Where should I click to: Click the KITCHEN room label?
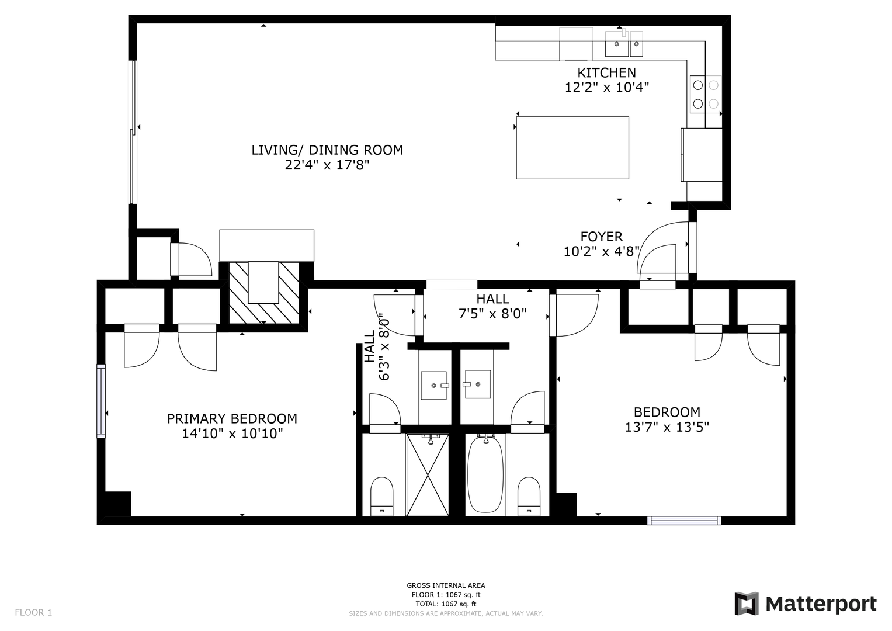606,73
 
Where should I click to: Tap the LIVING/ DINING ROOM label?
327,150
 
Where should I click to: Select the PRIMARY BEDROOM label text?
232,419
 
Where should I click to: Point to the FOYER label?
601,237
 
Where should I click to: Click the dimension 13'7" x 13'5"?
667,427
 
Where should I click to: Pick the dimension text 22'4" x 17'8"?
327,165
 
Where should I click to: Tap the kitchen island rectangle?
572,148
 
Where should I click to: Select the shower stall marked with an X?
427,475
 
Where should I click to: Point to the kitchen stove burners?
705,95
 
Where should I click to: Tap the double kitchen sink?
624,44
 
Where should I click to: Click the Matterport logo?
805,604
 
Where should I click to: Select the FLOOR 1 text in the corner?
33,613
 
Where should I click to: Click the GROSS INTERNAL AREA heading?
446,585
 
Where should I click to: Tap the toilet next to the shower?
382,497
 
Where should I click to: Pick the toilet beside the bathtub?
529,497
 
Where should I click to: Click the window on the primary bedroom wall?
101,401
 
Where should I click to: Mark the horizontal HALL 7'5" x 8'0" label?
492,306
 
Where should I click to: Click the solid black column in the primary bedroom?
117,504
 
